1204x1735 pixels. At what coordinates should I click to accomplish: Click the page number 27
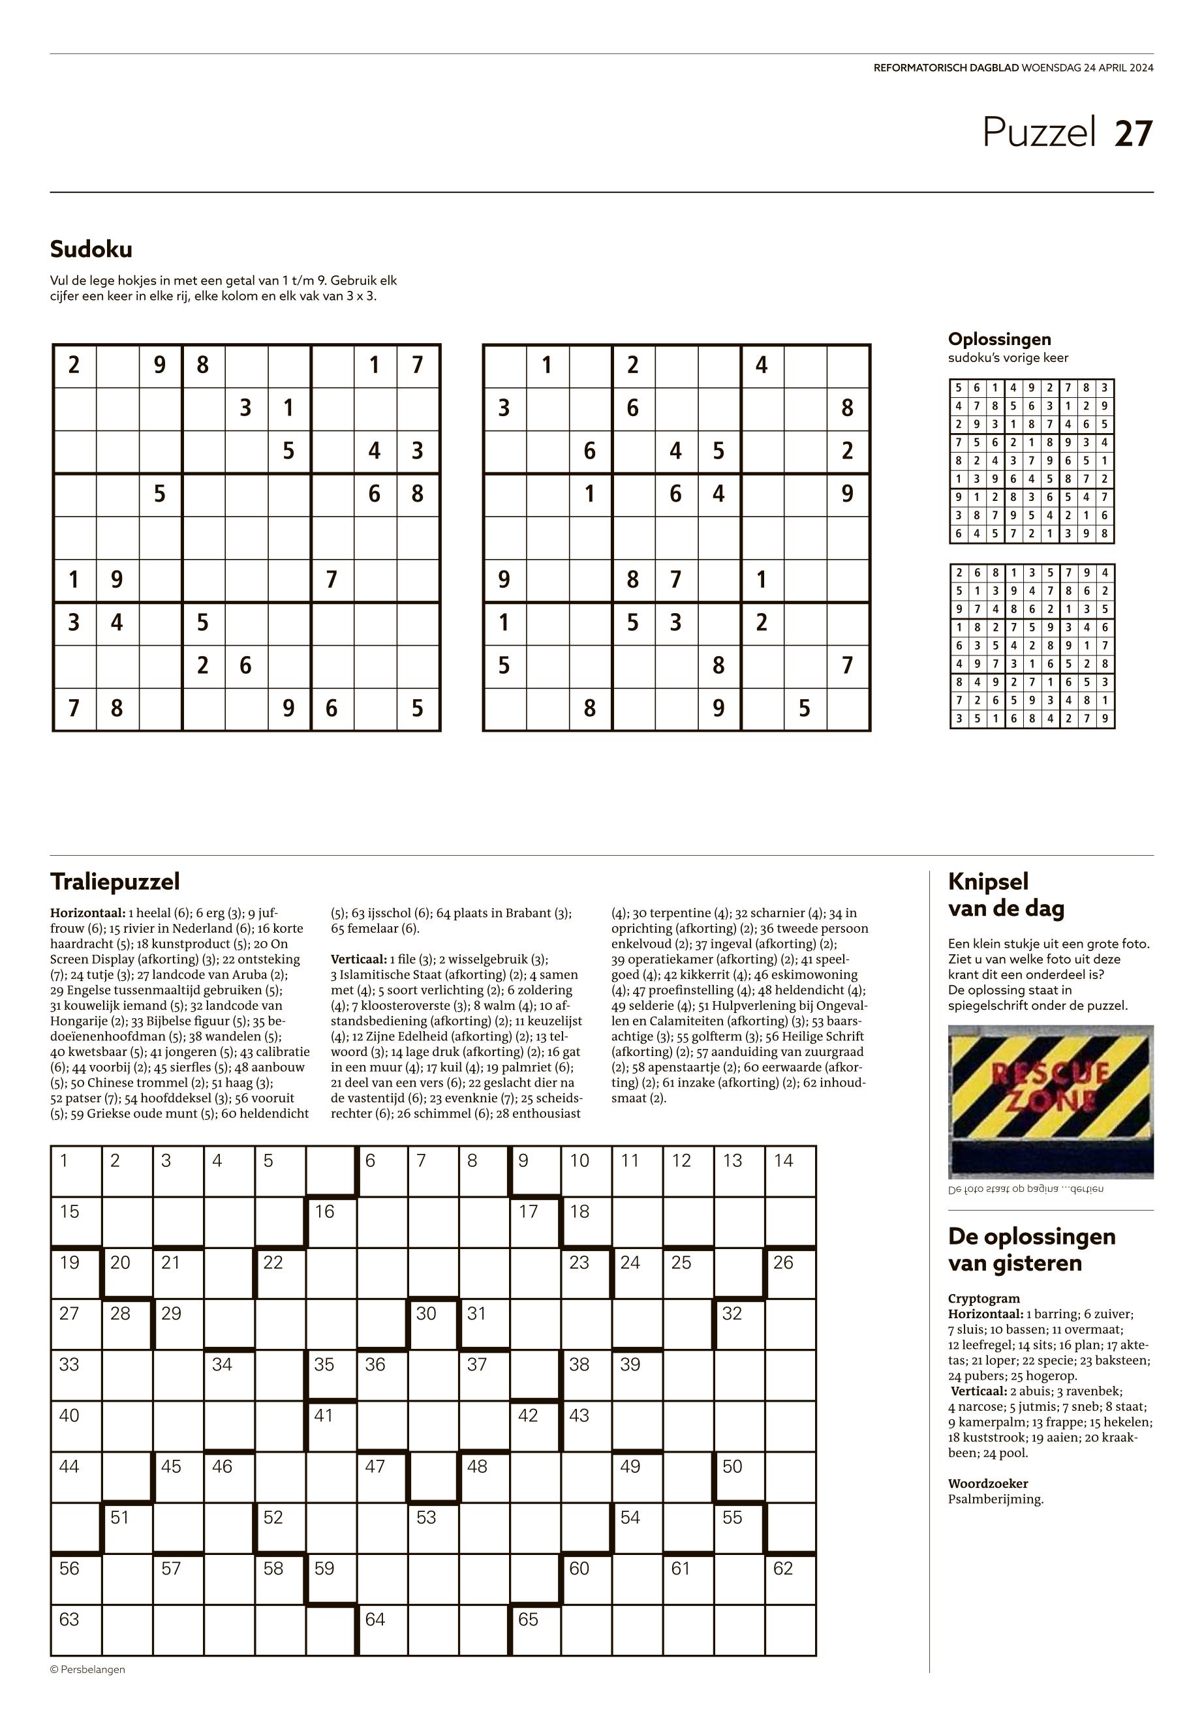1134,134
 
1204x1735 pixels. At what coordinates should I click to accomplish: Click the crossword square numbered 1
76,1171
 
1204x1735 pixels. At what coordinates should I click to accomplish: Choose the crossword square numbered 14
791,1171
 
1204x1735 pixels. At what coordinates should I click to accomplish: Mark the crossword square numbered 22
281,1273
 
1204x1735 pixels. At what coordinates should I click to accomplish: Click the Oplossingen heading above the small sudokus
999,339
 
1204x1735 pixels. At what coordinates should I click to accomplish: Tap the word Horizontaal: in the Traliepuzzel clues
89,913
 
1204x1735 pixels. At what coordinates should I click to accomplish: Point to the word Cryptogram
983,1299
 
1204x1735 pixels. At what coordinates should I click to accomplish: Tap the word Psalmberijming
996,1499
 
